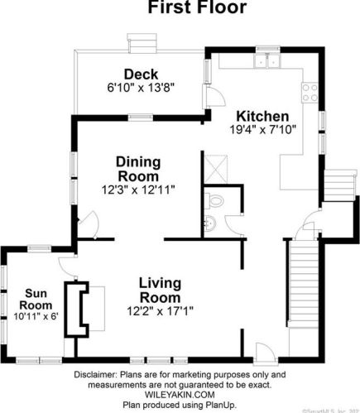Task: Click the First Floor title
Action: coord(196,9)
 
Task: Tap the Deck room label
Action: coord(141,74)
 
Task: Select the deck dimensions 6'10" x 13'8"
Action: coord(141,86)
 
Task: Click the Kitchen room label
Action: coord(262,116)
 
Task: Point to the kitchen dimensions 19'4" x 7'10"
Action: coord(262,129)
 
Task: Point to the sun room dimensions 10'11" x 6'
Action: coord(34,315)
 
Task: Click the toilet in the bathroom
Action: coord(217,199)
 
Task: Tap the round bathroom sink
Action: coord(208,221)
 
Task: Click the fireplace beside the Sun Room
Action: coord(80,308)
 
